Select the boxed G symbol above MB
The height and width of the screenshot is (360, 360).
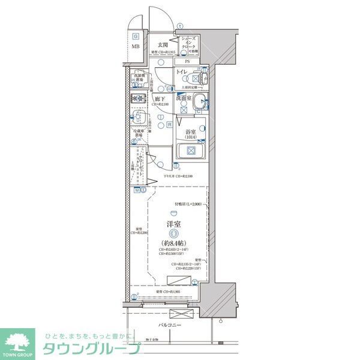coord(136,36)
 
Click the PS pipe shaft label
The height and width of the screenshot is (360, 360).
coord(187,61)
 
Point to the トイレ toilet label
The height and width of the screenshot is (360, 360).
coord(182,73)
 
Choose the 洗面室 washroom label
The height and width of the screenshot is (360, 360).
coord(184,97)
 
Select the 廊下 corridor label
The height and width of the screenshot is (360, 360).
coord(160,98)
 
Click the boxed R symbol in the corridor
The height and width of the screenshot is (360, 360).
coord(170,125)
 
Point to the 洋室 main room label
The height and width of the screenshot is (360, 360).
coord(174,225)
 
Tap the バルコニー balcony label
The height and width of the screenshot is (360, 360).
coord(170,325)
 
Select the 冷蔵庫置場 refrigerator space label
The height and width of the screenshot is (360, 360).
coord(138,133)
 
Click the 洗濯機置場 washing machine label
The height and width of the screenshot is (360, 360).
coord(138,77)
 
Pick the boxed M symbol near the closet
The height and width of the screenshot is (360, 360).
coord(137,190)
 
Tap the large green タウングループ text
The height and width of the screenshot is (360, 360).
coord(90,349)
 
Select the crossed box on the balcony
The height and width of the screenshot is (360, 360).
coord(179,314)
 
